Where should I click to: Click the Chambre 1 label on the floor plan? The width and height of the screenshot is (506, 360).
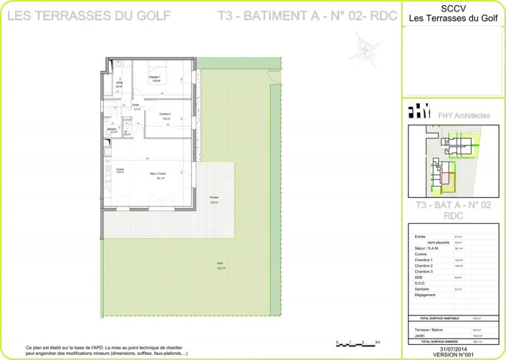(155, 77)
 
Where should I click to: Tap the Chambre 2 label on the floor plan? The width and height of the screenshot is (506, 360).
(166, 114)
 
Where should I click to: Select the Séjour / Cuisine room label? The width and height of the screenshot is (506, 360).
(157, 173)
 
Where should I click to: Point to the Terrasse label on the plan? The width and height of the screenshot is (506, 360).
(214, 198)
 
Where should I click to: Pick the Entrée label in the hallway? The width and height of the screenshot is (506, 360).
(135, 104)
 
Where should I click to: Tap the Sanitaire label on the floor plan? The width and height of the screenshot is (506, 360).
(112, 128)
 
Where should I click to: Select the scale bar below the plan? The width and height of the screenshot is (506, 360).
(357, 343)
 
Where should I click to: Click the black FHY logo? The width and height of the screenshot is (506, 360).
(419, 113)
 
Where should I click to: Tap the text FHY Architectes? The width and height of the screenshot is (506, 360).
(464, 116)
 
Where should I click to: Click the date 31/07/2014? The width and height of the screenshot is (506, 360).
(452, 349)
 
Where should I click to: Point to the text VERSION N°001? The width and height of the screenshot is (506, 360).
(452, 355)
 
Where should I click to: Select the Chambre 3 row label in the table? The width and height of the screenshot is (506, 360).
(424, 271)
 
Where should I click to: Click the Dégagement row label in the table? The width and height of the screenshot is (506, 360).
(426, 295)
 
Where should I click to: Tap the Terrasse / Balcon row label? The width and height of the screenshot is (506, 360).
(428, 330)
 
